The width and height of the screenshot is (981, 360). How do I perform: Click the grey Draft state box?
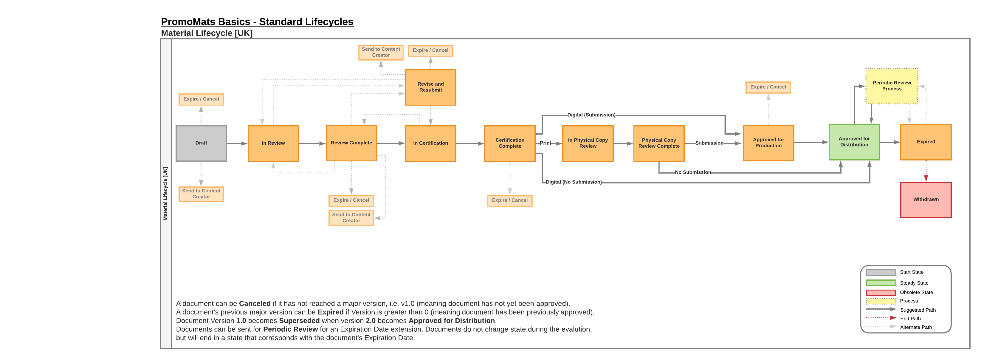click(x=201, y=143)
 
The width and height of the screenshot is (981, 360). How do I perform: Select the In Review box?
click(x=273, y=143)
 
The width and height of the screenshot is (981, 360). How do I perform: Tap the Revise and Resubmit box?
click(x=430, y=87)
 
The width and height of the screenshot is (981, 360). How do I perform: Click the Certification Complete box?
click(x=509, y=143)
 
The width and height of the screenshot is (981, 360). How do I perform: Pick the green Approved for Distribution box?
click(x=854, y=142)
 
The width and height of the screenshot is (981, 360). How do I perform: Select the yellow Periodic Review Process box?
click(x=892, y=86)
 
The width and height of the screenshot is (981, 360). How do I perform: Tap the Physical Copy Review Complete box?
click(x=658, y=143)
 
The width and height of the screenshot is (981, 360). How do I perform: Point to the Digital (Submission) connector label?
click(x=591, y=115)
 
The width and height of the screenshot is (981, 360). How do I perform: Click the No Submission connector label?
click(x=692, y=172)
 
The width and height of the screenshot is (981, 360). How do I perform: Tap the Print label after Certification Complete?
click(x=545, y=143)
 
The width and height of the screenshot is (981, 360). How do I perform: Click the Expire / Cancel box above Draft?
click(x=201, y=99)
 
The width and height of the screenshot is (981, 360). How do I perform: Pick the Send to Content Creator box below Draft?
click(x=201, y=194)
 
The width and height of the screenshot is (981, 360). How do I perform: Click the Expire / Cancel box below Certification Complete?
click(x=509, y=200)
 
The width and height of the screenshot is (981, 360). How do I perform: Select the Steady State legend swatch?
click(x=881, y=283)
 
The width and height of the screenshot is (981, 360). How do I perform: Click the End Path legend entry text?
click(x=910, y=319)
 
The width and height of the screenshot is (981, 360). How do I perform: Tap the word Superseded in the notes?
click(x=299, y=321)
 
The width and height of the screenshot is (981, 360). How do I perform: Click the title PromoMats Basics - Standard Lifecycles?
click(x=257, y=22)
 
